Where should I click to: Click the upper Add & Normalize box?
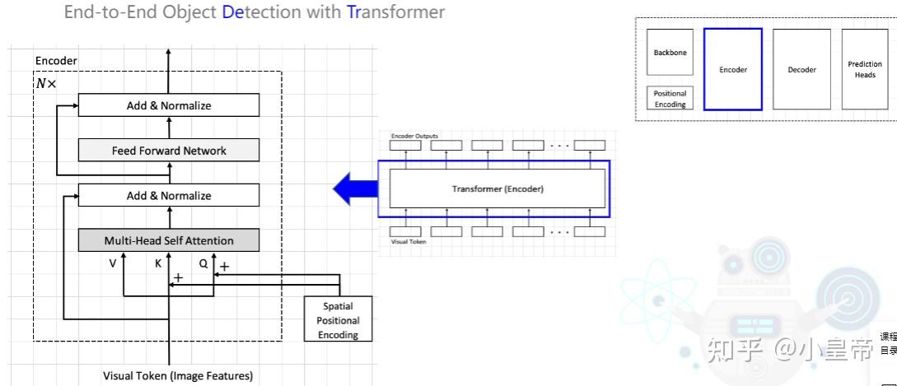pos(169,105)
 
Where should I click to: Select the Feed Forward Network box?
pos(169,151)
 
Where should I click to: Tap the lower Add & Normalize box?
pos(169,195)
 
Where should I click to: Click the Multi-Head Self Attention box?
pos(169,240)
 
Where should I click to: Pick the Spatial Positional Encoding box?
pos(338,320)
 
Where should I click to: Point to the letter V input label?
pos(113,264)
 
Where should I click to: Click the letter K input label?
pos(158,264)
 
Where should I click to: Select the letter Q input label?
pos(203,264)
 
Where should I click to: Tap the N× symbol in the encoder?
pos(46,84)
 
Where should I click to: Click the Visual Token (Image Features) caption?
pos(178,376)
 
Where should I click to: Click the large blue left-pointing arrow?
pos(354,188)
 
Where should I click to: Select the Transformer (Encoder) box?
pos(498,188)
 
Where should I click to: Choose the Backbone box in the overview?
pos(670,53)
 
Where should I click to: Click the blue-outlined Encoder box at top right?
pos(732,69)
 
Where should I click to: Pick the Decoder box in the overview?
pos(801,69)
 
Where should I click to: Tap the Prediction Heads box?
pos(864,69)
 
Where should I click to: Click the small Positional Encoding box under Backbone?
pos(670,99)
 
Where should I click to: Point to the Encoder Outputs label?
pos(414,135)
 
